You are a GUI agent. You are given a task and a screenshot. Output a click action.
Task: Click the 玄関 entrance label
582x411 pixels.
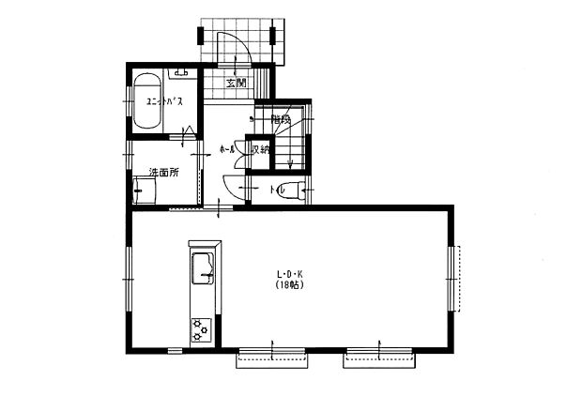(235, 83)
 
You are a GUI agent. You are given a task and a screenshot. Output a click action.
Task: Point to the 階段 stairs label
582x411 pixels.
(282, 120)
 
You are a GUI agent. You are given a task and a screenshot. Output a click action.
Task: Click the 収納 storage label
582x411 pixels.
(259, 149)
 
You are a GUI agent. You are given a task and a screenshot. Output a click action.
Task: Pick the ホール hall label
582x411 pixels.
(226, 149)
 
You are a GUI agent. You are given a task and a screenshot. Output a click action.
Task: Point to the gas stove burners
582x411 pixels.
(200, 328)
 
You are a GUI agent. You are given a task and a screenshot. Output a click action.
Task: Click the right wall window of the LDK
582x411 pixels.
(455, 279)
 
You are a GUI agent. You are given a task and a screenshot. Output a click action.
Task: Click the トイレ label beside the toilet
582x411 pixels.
(278, 190)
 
